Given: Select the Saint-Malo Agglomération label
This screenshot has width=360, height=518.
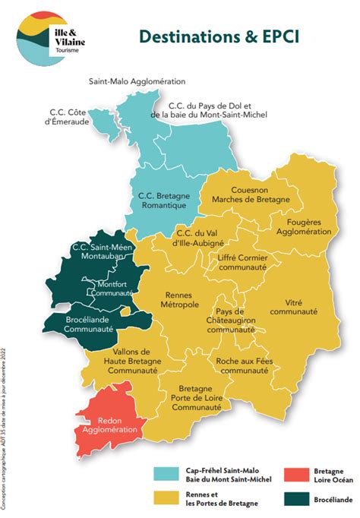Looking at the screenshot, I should (137, 81).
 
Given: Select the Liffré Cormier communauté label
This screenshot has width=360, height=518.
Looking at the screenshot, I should (242, 263).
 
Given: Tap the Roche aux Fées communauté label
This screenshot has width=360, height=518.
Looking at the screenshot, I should (242, 367).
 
